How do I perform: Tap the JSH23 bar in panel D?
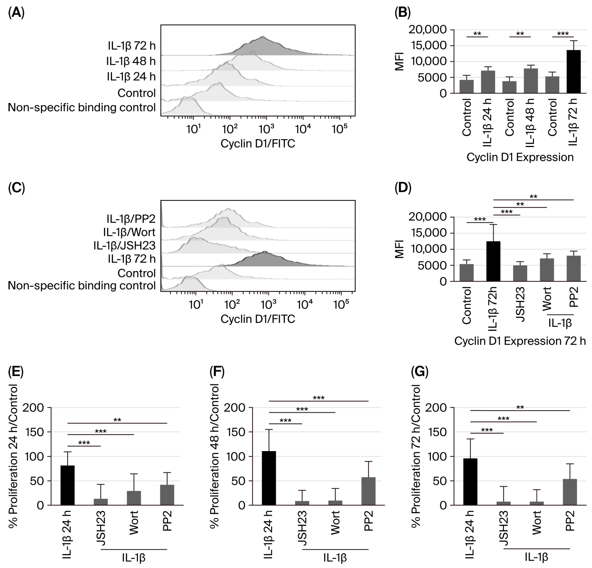coord(520,274)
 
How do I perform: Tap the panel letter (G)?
coord(419,372)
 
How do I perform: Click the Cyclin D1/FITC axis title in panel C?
coord(258,319)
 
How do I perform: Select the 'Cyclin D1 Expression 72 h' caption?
coord(519,341)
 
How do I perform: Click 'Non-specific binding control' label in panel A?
coord(81,108)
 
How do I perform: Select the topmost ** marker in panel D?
coord(533,197)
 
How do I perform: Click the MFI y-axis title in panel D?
coord(400,249)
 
